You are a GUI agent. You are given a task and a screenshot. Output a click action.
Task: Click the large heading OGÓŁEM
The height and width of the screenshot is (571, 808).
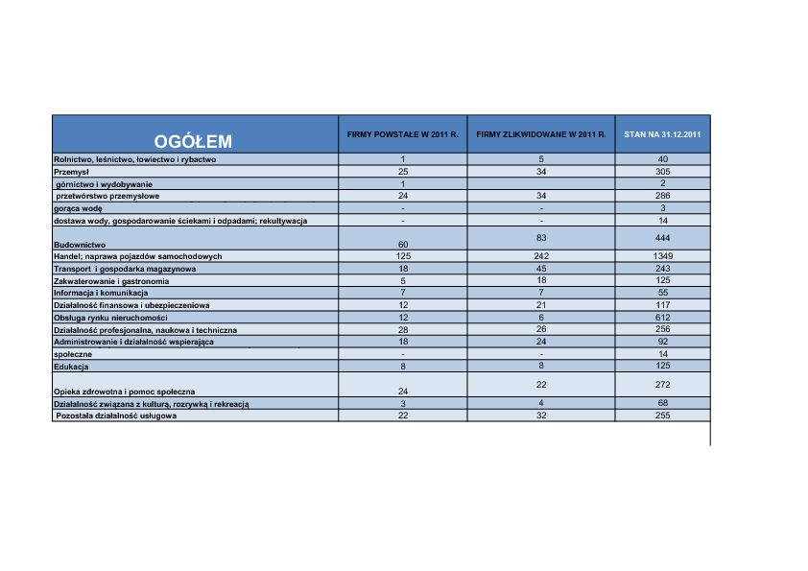[194, 142]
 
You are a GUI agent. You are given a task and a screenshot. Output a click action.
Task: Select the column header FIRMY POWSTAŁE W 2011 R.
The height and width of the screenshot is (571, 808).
[403, 134]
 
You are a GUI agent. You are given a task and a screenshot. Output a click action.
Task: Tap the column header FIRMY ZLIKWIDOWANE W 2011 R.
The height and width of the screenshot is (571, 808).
[541, 134]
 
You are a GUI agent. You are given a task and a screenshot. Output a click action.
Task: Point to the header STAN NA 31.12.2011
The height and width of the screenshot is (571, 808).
[662, 134]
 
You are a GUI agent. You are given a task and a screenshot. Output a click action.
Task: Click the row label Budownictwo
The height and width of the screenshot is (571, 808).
[80, 245]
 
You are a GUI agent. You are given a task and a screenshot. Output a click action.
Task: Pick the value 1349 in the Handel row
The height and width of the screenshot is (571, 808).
[662, 256]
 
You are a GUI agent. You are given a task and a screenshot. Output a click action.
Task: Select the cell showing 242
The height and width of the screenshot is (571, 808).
[541, 256]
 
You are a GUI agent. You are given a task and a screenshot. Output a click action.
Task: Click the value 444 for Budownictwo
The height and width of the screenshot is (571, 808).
[662, 237]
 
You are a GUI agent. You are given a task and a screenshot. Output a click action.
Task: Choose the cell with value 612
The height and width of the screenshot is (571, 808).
[662, 317]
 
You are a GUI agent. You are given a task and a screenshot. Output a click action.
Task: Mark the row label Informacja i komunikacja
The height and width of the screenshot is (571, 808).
[101, 293]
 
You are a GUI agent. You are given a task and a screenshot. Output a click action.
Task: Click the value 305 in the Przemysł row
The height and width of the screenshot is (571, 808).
[662, 171]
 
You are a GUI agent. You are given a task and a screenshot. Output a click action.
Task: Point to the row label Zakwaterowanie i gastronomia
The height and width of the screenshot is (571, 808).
[111, 281]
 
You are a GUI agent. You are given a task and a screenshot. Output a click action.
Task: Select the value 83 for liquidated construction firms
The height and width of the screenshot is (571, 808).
[541, 237]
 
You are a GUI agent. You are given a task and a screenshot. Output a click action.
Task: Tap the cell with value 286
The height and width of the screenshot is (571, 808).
[662, 195]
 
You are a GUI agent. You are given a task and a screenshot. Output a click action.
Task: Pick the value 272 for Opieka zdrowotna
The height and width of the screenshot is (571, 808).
[662, 384]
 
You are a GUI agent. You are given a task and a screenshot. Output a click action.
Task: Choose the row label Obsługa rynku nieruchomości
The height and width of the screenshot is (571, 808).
[110, 318]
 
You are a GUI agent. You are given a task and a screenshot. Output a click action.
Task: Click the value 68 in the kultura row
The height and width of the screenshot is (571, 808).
[662, 403]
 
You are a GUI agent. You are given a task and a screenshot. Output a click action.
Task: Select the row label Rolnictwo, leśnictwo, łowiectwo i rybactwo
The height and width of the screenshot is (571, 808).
[134, 159]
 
